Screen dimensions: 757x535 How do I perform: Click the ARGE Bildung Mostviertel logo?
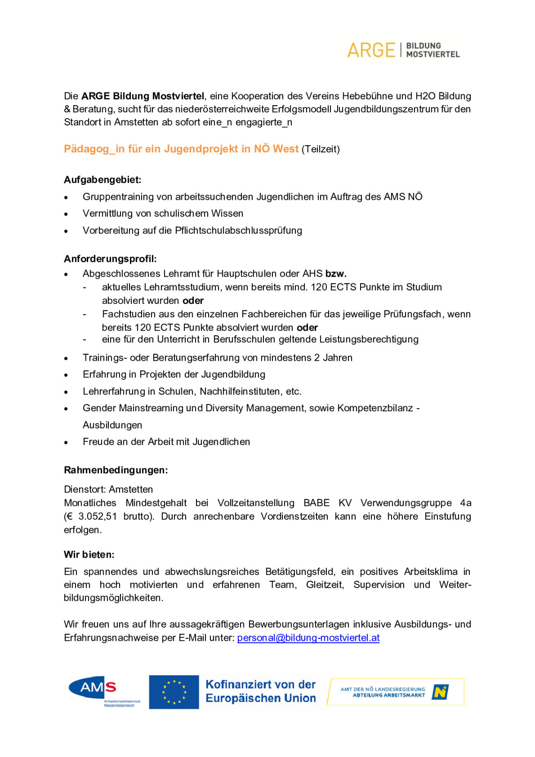(403, 50)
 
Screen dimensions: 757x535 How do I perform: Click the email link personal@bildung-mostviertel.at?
(308, 638)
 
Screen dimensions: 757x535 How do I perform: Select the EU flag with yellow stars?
(174, 692)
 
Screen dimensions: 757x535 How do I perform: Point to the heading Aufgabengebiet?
(103, 180)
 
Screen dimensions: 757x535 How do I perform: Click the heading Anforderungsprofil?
(110, 259)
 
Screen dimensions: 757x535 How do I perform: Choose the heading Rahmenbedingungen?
(116, 470)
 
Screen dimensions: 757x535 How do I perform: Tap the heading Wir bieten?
(89, 555)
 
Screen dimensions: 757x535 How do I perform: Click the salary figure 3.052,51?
(98, 517)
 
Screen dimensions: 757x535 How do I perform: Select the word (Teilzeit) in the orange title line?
(321, 149)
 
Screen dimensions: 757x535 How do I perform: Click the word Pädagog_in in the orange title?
(88, 149)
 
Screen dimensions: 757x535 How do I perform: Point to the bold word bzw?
(336, 274)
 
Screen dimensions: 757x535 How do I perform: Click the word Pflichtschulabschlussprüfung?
(238, 230)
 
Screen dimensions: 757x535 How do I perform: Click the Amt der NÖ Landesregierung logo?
(395, 692)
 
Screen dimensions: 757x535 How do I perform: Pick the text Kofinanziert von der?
(260, 684)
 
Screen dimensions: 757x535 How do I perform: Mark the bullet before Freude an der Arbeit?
(66, 442)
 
